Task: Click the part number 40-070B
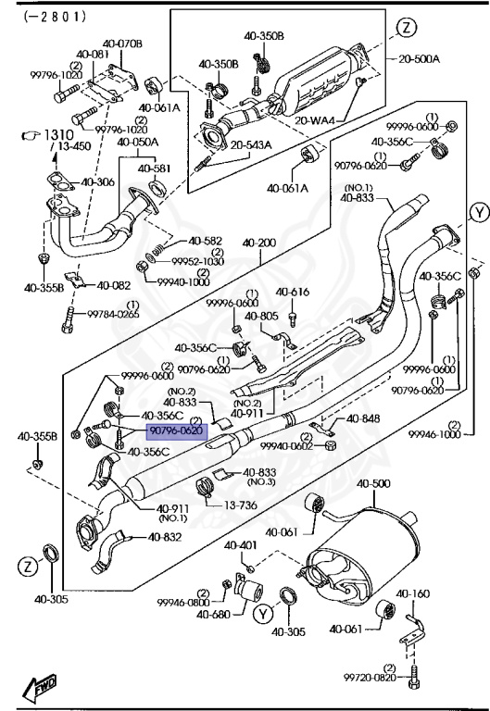[x=121, y=44]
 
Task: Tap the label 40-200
[x=259, y=243]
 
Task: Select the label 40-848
[x=363, y=418]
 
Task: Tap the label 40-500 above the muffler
[x=374, y=484]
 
